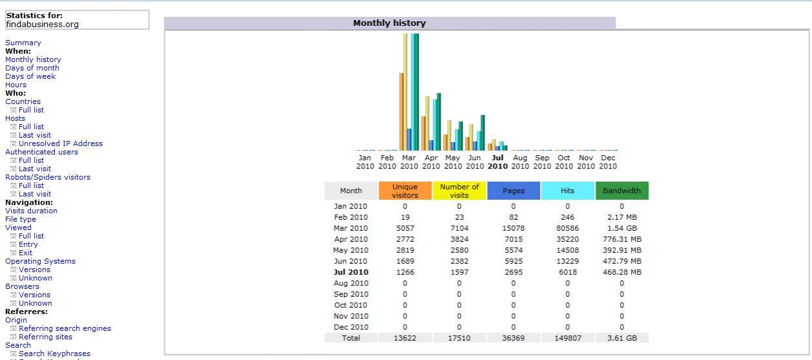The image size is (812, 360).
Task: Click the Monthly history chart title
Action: point(389,23)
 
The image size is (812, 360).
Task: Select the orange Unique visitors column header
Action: point(405,191)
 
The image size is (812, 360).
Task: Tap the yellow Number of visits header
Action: point(459,191)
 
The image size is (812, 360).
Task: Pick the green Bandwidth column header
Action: point(621,191)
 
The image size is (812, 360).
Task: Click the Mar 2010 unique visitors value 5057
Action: point(405,228)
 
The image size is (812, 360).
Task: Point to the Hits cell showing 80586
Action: point(567,228)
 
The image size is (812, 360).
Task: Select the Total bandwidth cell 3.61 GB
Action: point(621,337)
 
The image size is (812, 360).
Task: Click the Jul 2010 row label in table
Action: point(351,272)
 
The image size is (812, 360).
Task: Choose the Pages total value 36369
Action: point(514,337)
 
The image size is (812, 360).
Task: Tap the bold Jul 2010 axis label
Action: point(497,162)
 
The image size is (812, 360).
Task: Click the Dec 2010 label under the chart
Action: point(608,162)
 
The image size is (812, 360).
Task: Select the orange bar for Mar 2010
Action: point(402,111)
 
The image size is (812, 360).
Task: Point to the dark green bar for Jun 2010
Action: point(483,132)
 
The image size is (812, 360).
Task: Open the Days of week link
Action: point(30,76)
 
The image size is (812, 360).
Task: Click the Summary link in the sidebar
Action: point(23,43)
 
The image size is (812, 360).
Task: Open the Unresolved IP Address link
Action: point(61,143)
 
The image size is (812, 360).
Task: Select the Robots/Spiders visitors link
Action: point(48,177)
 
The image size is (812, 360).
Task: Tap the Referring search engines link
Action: point(65,328)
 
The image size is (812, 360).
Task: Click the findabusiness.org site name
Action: point(43,25)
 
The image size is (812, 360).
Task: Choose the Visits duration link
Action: point(31,211)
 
